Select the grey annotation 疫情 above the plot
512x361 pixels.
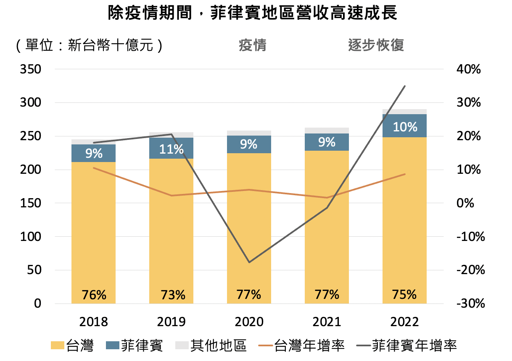252,45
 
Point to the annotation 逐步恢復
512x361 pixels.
376,45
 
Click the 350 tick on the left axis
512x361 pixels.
30,69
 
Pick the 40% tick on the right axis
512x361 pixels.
468,69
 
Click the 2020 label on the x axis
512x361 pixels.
249,322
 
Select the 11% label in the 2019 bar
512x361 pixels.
172,149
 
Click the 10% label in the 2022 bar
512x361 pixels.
405,127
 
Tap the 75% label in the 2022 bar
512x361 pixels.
405,294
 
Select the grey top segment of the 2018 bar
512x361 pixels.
93,142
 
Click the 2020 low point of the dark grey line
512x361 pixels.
249,262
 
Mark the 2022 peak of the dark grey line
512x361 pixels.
404,86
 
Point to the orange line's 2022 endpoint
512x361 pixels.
405,174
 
